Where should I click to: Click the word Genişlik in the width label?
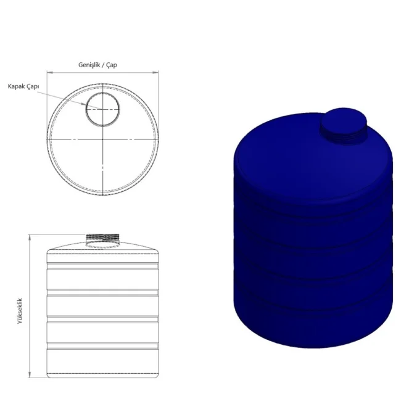pos(89,65)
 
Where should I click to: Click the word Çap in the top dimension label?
pos(112,65)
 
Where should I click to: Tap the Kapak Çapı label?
pos(23,86)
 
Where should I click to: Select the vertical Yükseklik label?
pos(20,311)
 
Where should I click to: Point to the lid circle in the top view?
pos(86,109)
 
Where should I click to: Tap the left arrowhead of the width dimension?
pos(49,73)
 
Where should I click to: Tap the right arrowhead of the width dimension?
pos(155,73)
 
